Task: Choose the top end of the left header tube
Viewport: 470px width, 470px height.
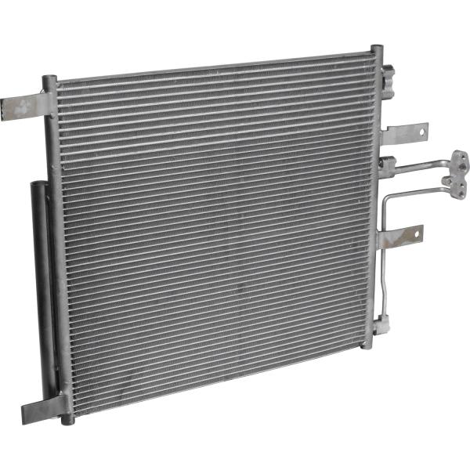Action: tap(49, 79)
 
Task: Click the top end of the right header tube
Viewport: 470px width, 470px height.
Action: tap(377, 50)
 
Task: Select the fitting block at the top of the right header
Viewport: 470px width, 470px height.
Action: tap(387, 76)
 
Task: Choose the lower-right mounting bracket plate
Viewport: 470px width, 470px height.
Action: tap(401, 236)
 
